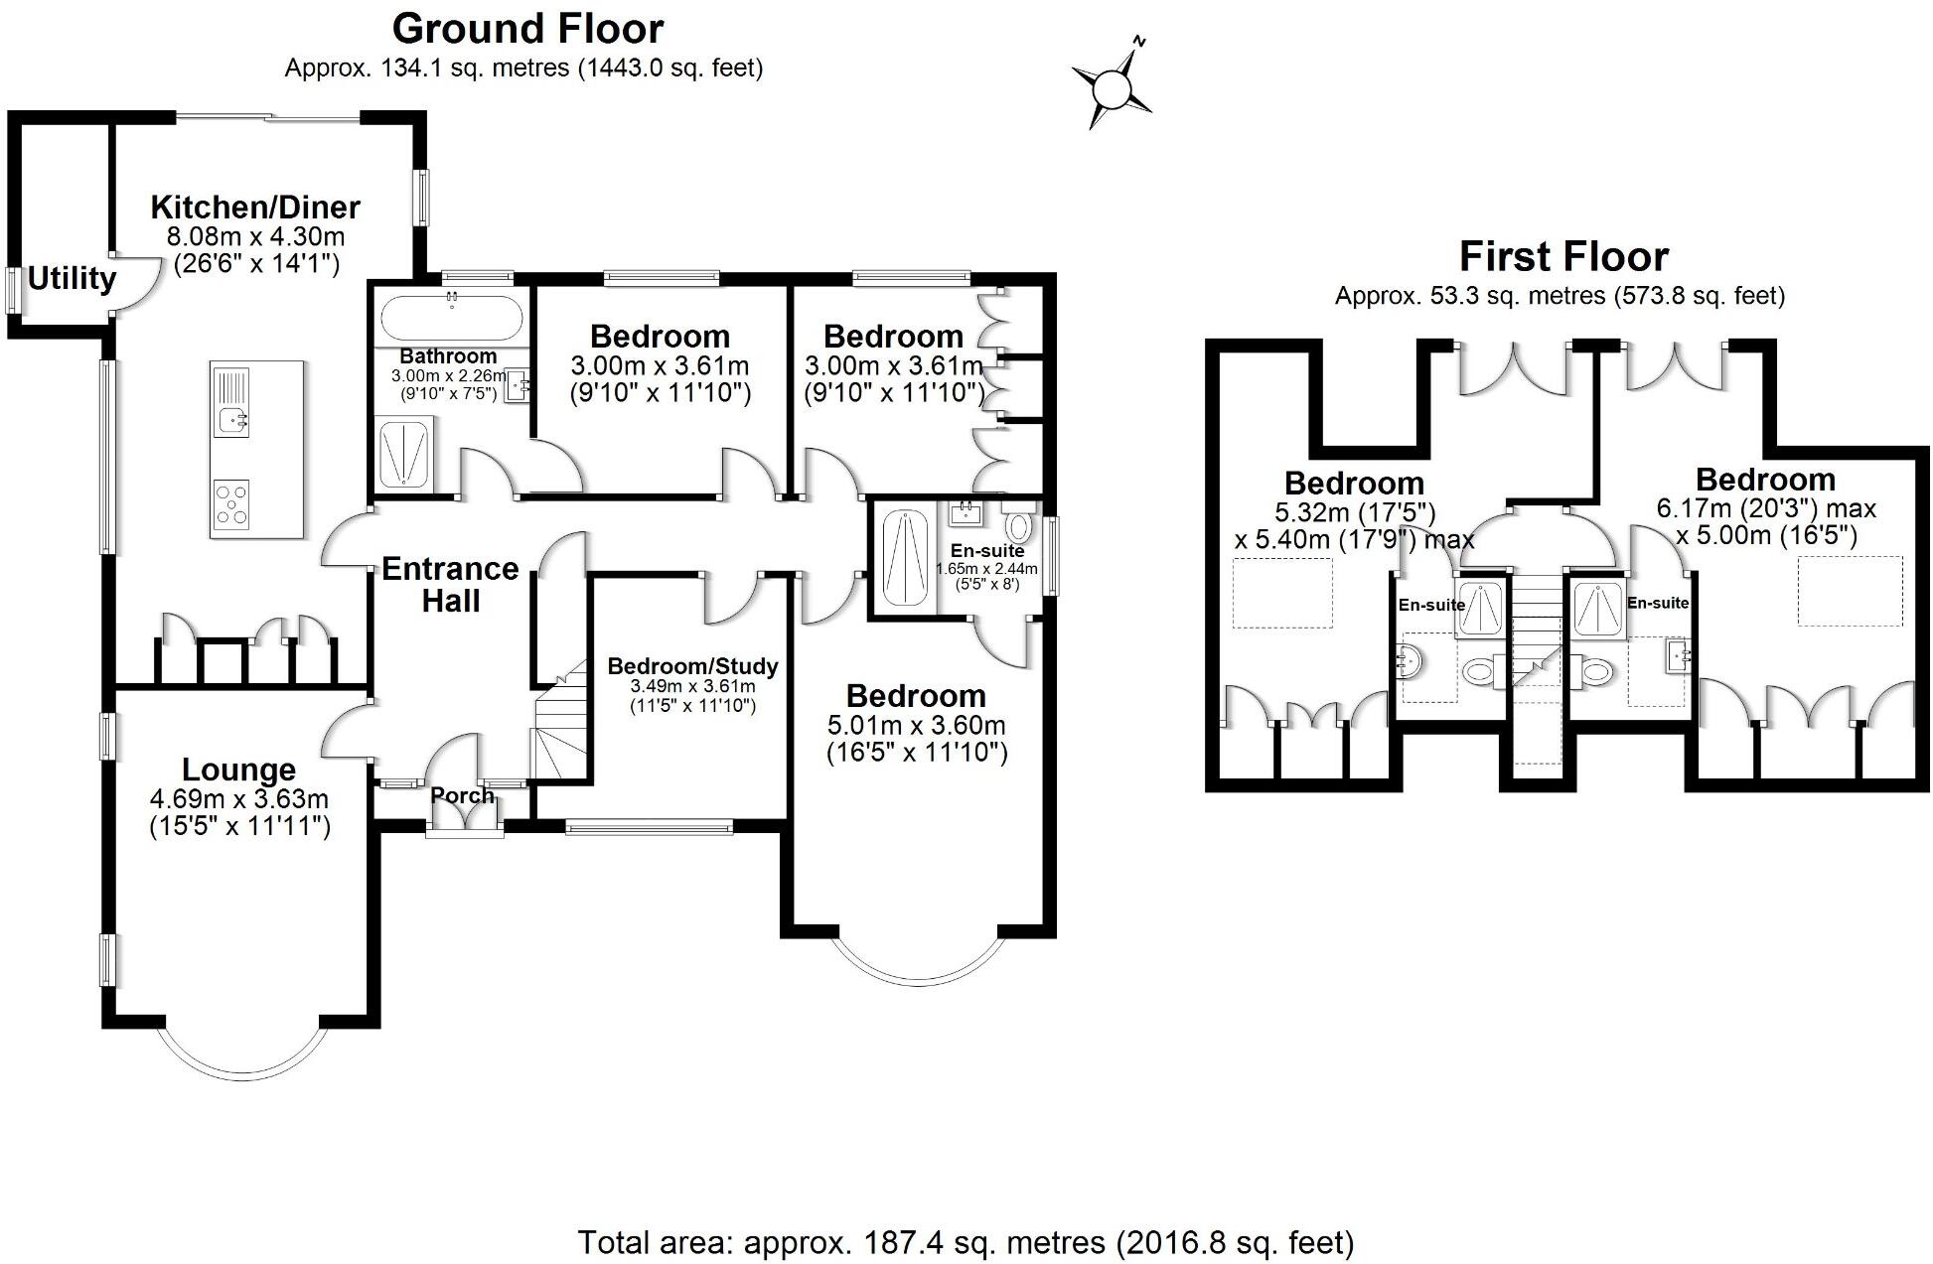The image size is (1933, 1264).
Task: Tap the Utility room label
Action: click(x=72, y=279)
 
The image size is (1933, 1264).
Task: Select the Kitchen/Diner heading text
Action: click(x=255, y=208)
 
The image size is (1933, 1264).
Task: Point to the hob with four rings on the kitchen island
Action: click(x=231, y=501)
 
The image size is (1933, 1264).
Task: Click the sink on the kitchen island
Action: click(x=231, y=420)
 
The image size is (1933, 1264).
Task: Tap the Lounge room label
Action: click(x=238, y=770)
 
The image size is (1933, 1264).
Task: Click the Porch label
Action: click(x=462, y=795)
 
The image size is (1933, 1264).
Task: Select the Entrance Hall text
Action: click(x=450, y=584)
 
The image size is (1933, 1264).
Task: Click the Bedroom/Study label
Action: click(x=692, y=666)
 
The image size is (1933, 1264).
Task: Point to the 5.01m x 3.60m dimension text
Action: click(x=916, y=725)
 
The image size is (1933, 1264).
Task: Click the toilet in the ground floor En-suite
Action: click(x=1018, y=523)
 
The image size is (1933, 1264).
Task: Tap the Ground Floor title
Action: click(x=527, y=29)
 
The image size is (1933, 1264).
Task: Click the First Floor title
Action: click(x=1562, y=257)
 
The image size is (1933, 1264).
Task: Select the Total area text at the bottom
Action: click(x=966, y=1242)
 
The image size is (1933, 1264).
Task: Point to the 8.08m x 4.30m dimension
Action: click(x=255, y=236)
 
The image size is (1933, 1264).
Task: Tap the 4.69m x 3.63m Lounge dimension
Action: click(x=238, y=799)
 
